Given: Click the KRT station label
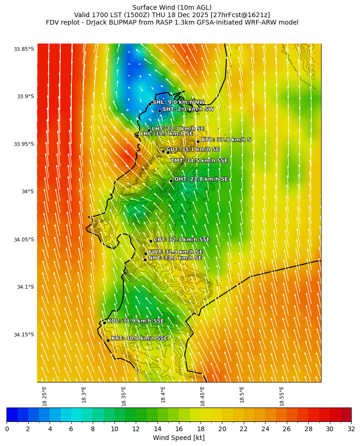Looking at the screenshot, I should coord(139,338).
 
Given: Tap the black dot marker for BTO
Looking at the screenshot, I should coord(198,141).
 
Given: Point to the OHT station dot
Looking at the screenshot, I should coord(171,181).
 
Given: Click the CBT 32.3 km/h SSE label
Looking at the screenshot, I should coord(182,240).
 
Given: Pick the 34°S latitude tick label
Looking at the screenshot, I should coord(27,192).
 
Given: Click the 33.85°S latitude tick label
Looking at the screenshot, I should coord(24,49).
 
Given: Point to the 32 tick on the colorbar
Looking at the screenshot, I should coord(351,429).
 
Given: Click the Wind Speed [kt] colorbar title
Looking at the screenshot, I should coord(179,438).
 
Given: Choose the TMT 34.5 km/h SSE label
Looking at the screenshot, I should coord(199,161).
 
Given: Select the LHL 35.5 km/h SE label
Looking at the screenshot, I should coord(166,134).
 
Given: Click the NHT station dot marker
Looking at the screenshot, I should coord(145,260).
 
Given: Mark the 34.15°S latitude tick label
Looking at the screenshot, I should coord(24,335).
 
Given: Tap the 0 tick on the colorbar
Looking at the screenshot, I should coord(7,429).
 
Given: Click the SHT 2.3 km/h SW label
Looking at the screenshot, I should coord(188,109).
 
